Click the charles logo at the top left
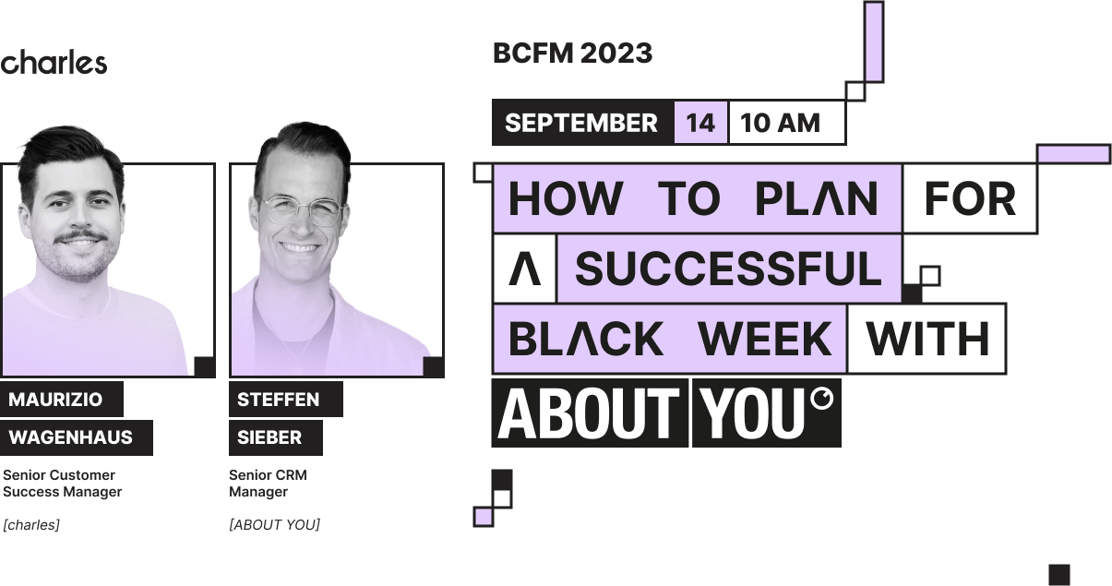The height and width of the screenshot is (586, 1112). [54, 63]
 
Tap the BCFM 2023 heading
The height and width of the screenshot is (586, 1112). [572, 54]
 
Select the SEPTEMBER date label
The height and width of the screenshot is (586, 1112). [581, 123]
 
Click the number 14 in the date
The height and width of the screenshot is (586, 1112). [700, 123]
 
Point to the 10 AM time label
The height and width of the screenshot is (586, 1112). [781, 123]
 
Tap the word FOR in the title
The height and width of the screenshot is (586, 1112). [969, 198]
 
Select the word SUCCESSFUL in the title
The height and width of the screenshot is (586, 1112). [729, 269]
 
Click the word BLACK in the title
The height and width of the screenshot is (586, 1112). [586, 339]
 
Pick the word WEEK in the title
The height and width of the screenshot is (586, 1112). [766, 339]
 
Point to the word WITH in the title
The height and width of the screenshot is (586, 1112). [927, 339]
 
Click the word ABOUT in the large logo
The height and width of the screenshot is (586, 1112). [589, 413]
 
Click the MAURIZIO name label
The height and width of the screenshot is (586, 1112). [55, 400]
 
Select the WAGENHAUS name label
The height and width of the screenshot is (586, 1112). [70, 437]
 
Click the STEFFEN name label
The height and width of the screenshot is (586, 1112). [278, 400]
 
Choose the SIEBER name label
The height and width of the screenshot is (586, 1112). [269, 437]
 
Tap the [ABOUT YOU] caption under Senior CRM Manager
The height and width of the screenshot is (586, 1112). [275, 525]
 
